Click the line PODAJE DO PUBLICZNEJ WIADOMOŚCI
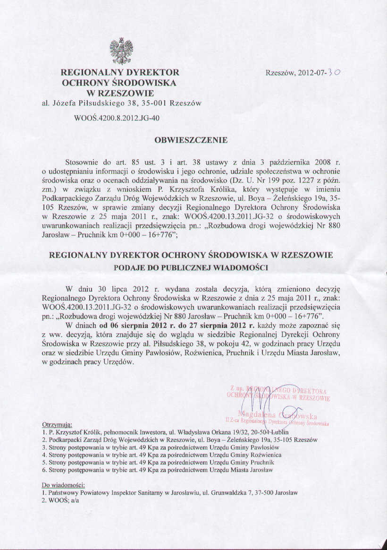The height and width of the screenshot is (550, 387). pos(191,267)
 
